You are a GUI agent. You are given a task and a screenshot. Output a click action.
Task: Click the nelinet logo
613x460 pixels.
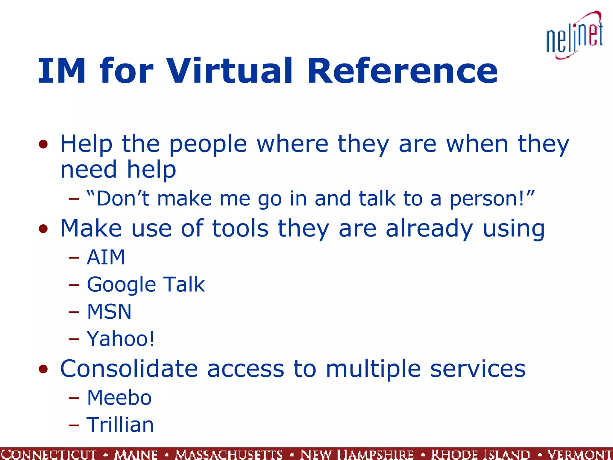pyautogui.click(x=574, y=36)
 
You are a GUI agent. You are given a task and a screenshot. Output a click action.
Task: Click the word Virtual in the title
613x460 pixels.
pyautogui.click(x=229, y=71)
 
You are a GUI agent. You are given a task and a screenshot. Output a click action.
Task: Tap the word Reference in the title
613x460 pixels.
pyautogui.click(x=402, y=71)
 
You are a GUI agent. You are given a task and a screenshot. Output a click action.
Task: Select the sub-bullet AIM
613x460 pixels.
pyautogui.click(x=106, y=257)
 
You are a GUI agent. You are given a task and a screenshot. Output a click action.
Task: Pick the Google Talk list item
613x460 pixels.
pyautogui.click(x=146, y=285)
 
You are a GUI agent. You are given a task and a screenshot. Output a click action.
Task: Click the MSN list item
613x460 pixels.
pyautogui.click(x=109, y=311)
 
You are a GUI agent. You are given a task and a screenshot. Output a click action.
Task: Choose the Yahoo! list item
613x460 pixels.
pyautogui.click(x=121, y=339)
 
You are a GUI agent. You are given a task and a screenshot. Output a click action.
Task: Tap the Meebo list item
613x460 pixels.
pyautogui.click(x=119, y=398)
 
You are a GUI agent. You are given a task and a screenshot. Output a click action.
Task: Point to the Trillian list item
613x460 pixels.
pyautogui.click(x=120, y=425)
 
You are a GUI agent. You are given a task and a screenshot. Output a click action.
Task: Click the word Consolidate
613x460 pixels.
pyautogui.click(x=129, y=369)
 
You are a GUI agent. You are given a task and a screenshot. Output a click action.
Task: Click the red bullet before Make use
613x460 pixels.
pyautogui.click(x=43, y=229)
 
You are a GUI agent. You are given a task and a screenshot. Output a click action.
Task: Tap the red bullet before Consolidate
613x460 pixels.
pyautogui.click(x=43, y=369)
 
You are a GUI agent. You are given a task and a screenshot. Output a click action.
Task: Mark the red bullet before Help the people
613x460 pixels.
pyautogui.click(x=43, y=144)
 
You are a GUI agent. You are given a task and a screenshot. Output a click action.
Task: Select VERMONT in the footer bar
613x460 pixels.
pyautogui.click(x=579, y=454)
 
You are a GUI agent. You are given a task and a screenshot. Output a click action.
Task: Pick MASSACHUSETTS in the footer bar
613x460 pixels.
pyautogui.click(x=229, y=454)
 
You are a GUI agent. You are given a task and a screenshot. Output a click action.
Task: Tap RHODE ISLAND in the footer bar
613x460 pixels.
pyautogui.click(x=480, y=454)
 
